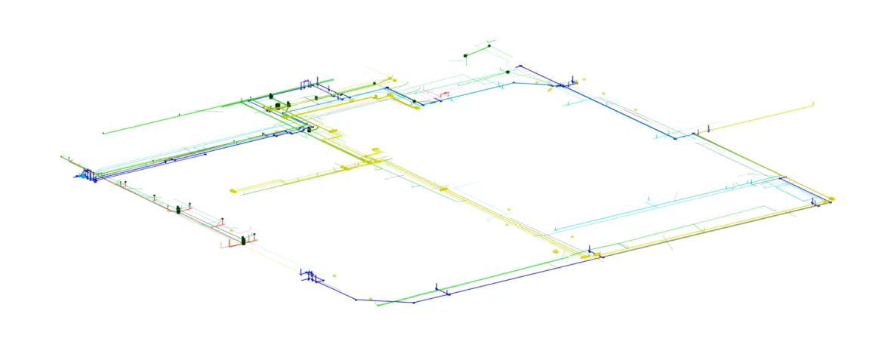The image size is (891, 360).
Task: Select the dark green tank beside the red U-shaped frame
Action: [244, 240]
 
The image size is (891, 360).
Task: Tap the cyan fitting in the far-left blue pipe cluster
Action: [79, 176]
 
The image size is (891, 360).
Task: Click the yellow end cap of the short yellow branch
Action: [233, 191]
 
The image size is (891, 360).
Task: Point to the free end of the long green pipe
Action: [103, 134]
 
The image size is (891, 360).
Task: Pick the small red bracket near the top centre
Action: [445, 94]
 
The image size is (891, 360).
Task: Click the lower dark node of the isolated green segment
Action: [465, 55]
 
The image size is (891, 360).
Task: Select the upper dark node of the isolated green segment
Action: [489, 46]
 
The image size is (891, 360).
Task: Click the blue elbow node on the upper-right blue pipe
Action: [676, 138]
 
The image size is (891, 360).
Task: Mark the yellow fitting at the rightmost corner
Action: [831, 198]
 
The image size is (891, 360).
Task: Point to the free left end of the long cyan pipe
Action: [555, 229]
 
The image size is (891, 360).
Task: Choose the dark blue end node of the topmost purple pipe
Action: [520, 66]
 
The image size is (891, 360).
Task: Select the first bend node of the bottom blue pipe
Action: [356, 300]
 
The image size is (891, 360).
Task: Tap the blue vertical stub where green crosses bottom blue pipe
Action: [437, 288]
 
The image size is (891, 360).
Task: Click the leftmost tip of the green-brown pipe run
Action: [61, 157]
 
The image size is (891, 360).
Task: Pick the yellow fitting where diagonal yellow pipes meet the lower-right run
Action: [586, 257]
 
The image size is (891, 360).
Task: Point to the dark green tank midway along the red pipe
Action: [179, 210]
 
